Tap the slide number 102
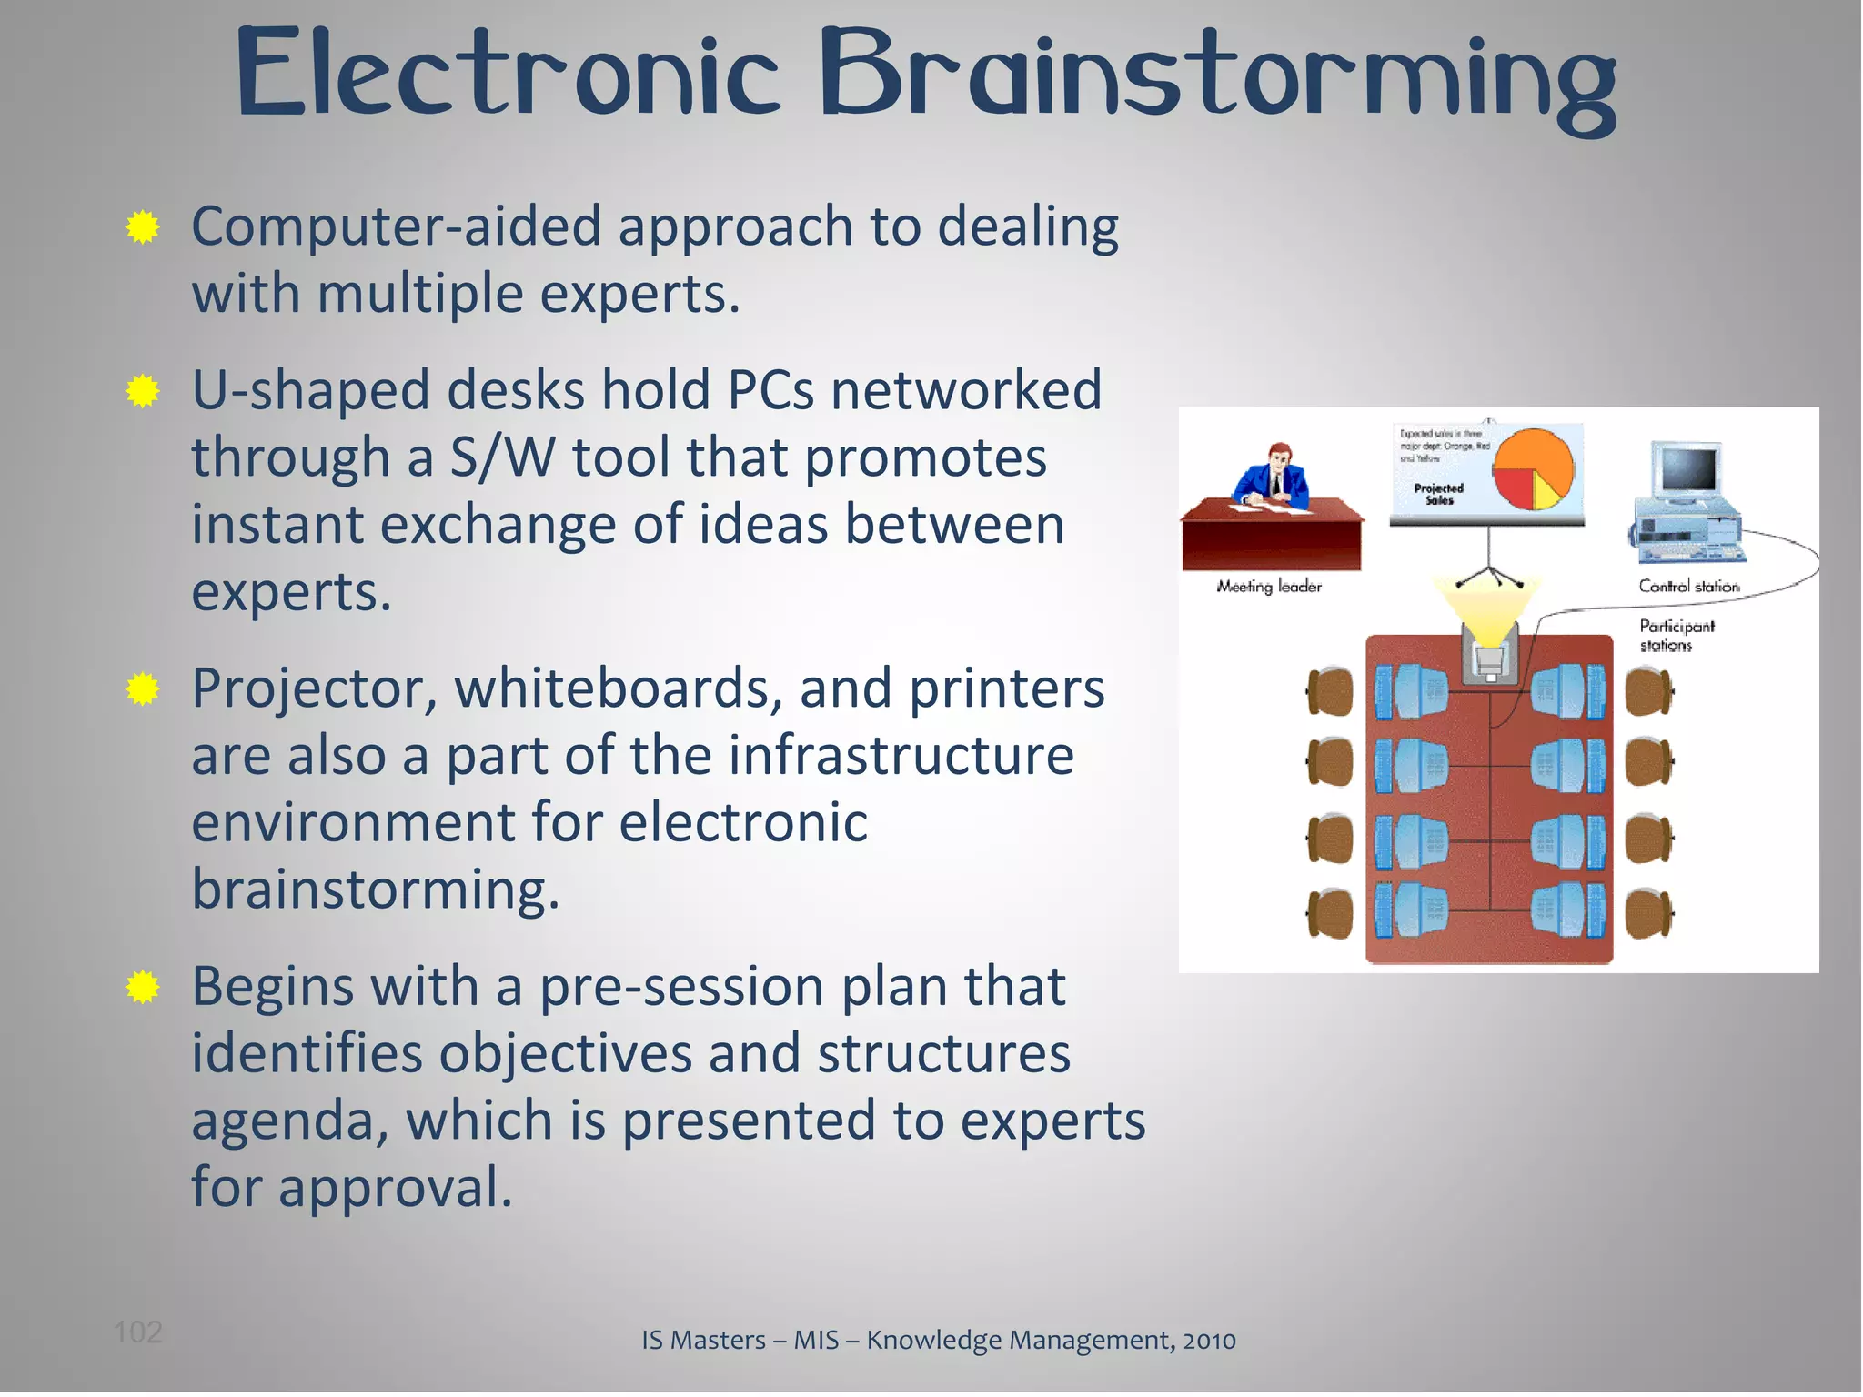[137, 1332]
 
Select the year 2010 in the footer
[1209, 1340]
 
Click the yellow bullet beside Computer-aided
[143, 227]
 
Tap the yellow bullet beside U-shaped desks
[143, 391]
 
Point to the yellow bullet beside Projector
[143, 689]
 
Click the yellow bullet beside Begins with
[143, 987]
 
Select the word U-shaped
[310, 391]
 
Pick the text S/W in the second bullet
[502, 457]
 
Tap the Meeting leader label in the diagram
[1269, 587]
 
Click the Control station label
[1688, 587]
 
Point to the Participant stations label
[1676, 635]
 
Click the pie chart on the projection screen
[1534, 470]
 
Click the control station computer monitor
[1688, 471]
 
